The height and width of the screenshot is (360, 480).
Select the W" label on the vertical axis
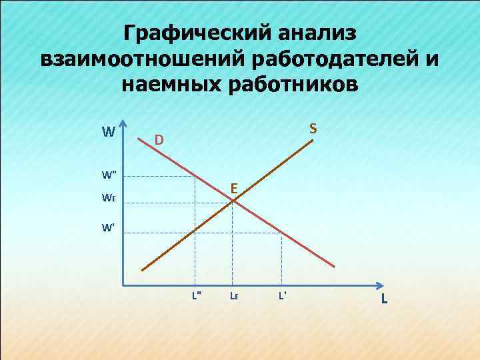click(x=109, y=175)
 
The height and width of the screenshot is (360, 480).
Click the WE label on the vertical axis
click(x=109, y=198)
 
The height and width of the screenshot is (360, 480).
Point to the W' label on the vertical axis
click(x=108, y=227)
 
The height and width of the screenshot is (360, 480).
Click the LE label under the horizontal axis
click(x=234, y=295)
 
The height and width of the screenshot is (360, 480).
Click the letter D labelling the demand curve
click(x=159, y=140)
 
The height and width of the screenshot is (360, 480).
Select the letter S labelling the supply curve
click(x=312, y=127)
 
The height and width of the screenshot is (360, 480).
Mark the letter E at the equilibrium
click(x=235, y=189)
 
